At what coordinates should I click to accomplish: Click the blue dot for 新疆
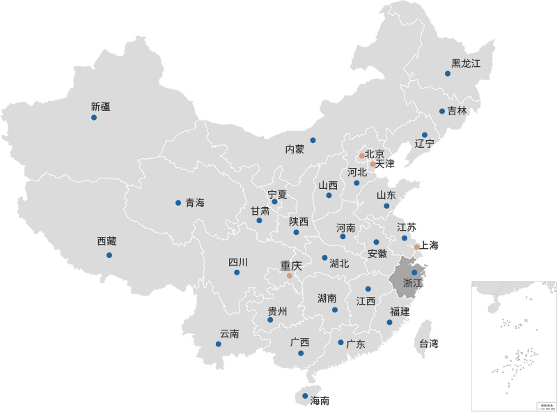94,117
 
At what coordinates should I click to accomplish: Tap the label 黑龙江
466,63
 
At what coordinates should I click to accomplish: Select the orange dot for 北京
362,156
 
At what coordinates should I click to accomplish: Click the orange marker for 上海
416,247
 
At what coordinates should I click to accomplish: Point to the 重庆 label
291,266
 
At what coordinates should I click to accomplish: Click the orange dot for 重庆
290,276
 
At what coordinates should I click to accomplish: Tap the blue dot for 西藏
109,255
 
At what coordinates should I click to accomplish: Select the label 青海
195,203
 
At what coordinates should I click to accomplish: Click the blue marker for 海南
305,396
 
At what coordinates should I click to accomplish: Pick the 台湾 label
428,343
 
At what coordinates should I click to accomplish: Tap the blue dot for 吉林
442,111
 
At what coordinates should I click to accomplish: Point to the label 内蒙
295,149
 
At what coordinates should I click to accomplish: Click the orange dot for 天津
373,165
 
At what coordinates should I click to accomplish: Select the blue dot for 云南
219,344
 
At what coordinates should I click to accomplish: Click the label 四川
238,262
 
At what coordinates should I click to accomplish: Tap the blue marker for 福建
390,322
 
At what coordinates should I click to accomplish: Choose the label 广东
356,344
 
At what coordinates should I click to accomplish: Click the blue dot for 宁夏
274,202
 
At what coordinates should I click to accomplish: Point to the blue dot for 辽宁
425,135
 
